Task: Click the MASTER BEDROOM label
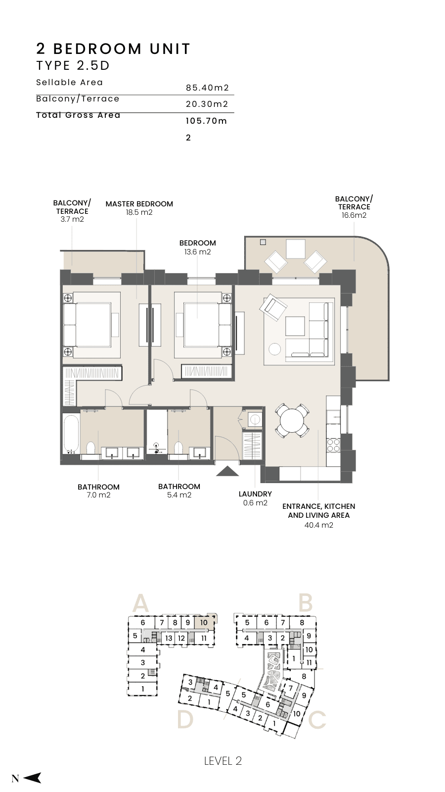[139, 204]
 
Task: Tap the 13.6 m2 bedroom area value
[197, 252]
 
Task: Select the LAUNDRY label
[255, 494]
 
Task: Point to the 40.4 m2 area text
[318, 525]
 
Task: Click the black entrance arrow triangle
[228, 471]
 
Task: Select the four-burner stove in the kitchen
[333, 445]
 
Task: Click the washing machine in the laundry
[254, 420]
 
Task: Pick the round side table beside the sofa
[274, 349]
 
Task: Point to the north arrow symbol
[33, 778]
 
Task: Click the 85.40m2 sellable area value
[208, 88]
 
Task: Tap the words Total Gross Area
[79, 115]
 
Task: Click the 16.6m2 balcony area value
[354, 215]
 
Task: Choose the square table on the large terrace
[296, 248]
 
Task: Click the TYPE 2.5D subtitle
[73, 65]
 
